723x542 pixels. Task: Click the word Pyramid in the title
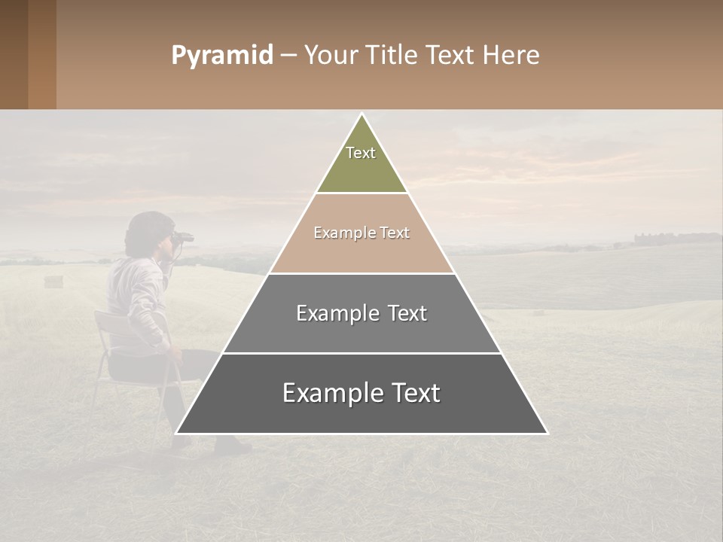tap(221, 56)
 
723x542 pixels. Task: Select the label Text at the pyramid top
tap(361, 153)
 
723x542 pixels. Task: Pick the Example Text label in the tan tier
tap(361, 233)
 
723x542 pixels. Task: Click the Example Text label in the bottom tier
tap(361, 393)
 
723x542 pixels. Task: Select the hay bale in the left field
tap(53, 281)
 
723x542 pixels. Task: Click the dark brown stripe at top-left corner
tap(14, 54)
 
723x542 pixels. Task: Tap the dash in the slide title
tap(288, 56)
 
